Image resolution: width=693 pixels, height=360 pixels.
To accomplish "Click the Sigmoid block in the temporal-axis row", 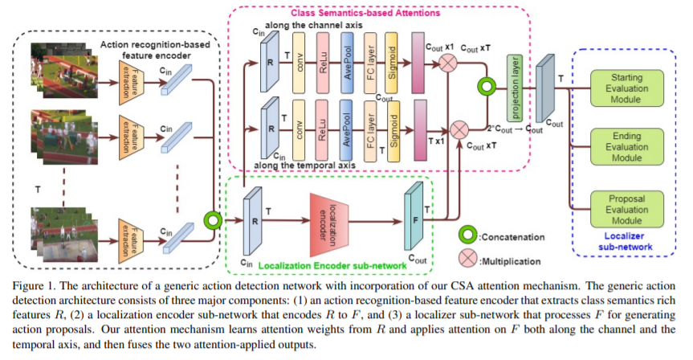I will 392,129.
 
